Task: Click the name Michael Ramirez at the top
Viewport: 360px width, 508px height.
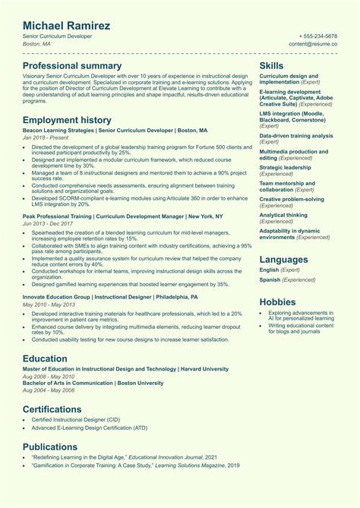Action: pos(66,27)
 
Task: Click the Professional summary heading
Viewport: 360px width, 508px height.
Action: pos(72,66)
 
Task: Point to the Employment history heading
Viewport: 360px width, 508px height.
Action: pos(67,120)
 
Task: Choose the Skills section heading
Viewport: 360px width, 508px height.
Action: pos(272,66)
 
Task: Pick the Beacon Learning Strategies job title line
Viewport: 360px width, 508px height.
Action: pos(115,131)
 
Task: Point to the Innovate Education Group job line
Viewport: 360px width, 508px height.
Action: pos(110,298)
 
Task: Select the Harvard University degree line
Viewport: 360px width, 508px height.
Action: pos(125,368)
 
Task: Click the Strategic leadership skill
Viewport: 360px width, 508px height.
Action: pos(285,167)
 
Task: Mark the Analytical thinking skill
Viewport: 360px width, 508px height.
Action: pos(283,215)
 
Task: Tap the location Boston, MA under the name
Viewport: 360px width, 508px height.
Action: pos(36,44)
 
